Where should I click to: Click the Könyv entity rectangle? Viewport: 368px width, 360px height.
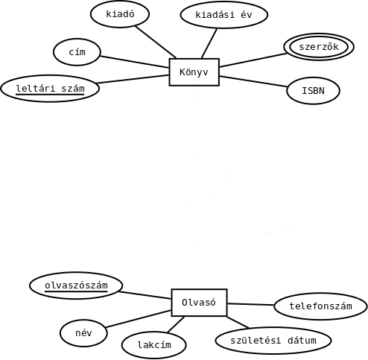tap(194, 72)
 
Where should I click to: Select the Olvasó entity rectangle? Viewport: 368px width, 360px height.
tap(199, 303)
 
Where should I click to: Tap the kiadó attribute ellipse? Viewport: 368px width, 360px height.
tap(120, 14)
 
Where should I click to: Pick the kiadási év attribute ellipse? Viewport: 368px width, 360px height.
tap(224, 15)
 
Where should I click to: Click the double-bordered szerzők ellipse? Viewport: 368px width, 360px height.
tap(319, 47)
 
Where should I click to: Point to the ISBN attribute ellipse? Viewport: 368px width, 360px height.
tap(313, 91)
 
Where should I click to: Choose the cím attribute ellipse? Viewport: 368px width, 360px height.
tap(77, 52)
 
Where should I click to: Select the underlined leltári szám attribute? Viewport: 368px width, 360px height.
tap(50, 89)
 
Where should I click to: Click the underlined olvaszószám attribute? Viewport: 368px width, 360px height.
tap(76, 285)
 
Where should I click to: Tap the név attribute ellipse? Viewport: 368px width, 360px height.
tap(83, 333)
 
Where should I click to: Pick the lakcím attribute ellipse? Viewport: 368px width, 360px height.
tap(154, 345)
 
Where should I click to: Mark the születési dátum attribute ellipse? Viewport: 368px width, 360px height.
tap(273, 341)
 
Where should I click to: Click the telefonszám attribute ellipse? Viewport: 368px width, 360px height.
tap(320, 306)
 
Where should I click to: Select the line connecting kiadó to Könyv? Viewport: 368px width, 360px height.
tap(156, 42)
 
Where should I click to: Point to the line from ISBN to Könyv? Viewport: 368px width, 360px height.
tap(253, 81)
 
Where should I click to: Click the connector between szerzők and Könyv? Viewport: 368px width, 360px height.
tap(253, 60)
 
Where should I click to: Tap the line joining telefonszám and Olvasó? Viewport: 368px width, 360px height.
tap(250, 304)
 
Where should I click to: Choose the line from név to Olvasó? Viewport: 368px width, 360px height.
tap(139, 319)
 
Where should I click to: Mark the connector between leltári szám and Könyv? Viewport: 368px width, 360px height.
tap(133, 79)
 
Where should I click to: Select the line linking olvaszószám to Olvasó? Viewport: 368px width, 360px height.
tap(145, 295)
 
